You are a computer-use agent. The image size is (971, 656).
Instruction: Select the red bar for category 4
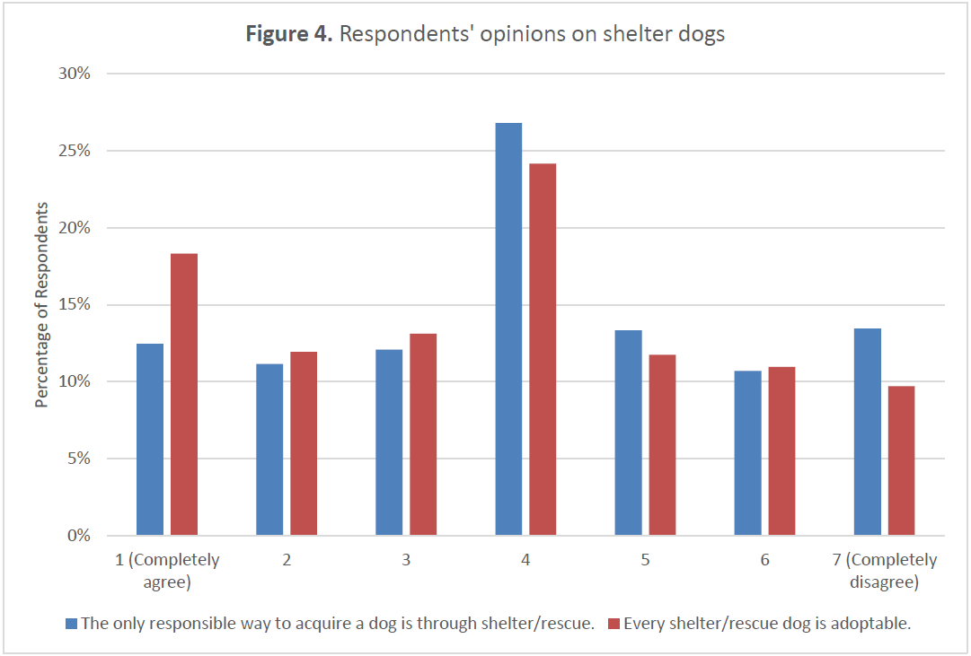coord(543,350)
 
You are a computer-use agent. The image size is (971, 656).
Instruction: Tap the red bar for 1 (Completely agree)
coord(184,395)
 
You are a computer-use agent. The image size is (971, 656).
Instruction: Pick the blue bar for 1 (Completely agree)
coord(150,440)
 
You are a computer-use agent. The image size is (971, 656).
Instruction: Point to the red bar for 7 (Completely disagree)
coord(901,461)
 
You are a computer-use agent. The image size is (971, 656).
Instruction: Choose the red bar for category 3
coord(423,435)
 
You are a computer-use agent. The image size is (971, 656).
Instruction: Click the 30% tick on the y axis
coord(73,74)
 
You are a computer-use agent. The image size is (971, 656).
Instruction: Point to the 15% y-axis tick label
coord(73,305)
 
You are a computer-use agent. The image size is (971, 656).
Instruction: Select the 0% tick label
coord(78,537)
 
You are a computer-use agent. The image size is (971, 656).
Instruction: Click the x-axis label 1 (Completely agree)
coord(167,571)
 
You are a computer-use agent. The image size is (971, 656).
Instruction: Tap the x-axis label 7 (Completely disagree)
coord(884,571)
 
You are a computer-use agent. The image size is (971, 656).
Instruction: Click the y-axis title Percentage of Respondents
coord(41,305)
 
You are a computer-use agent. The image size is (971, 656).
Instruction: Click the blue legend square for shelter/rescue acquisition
coord(71,624)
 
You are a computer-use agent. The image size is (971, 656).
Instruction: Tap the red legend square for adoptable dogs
coord(613,624)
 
